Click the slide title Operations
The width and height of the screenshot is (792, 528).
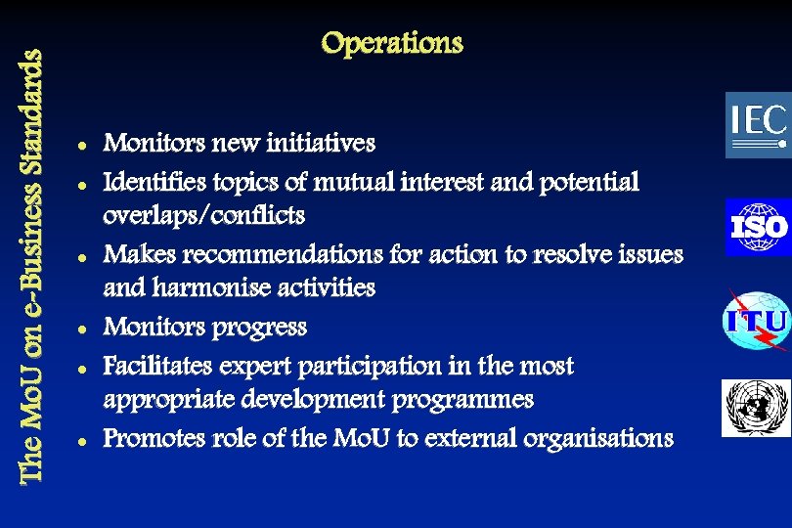391,44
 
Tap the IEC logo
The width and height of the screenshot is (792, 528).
757,125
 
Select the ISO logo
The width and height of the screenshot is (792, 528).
757,227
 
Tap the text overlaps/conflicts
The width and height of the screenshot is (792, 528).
204,215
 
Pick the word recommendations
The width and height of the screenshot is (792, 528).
281,254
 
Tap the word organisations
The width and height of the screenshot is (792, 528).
600,438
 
